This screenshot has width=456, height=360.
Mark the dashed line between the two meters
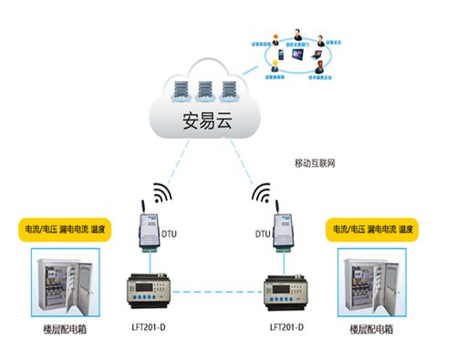tap(218, 292)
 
